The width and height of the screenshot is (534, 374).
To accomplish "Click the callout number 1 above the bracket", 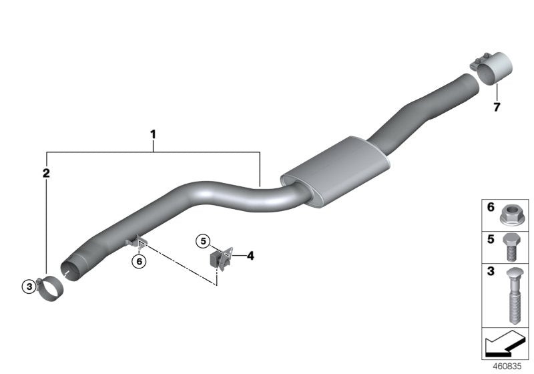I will tap(153, 134).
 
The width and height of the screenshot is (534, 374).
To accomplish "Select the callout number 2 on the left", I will tap(46, 174).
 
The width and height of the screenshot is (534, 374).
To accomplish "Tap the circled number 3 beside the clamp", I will tap(28, 287).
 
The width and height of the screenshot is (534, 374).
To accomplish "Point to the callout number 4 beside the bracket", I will tap(250, 255).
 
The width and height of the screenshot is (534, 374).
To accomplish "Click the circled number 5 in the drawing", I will tap(204, 240).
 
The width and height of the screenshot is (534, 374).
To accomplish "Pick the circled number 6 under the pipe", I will tap(139, 262).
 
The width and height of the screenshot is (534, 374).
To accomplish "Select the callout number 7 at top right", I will tap(496, 107).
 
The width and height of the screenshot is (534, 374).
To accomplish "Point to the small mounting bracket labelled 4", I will tap(223, 258).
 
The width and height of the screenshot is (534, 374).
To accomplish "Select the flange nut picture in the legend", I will tap(511, 215).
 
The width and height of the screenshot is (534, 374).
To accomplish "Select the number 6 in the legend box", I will tap(491, 208).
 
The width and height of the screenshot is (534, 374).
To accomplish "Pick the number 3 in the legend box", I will tap(491, 272).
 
